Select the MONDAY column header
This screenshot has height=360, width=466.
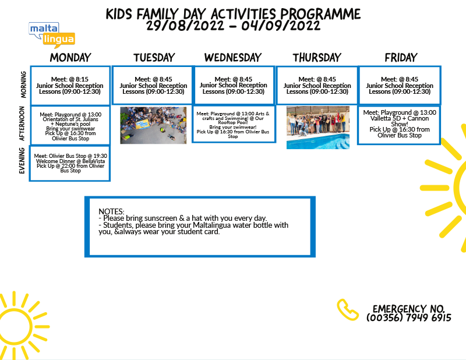[x=70, y=57]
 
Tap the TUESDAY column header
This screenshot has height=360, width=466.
[x=154, y=57]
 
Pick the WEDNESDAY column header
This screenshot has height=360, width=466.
[x=232, y=57]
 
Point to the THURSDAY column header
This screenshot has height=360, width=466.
[x=316, y=57]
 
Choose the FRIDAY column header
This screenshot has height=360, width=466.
[x=401, y=57]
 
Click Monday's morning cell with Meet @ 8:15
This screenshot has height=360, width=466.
[x=70, y=85]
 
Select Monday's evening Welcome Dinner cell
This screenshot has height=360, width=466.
[x=70, y=163]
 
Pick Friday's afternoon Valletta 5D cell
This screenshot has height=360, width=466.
[x=399, y=124]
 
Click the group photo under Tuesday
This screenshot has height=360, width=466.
[x=153, y=125]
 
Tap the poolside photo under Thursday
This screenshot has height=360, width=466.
[x=317, y=127]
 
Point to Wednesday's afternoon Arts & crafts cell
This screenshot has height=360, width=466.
[x=233, y=124]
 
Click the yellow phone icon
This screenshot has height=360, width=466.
[x=347, y=309]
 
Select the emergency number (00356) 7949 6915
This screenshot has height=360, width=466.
[x=409, y=318]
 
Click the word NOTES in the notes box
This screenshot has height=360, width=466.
[x=111, y=211]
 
